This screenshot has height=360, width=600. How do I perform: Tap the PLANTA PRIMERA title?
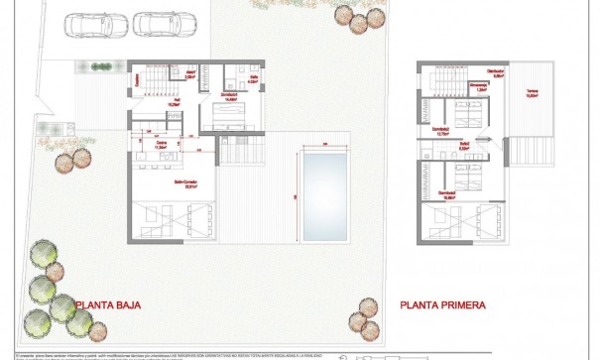pyautogui.click(x=443, y=304)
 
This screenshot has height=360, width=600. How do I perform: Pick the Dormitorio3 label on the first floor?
pyautogui.click(x=448, y=195)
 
